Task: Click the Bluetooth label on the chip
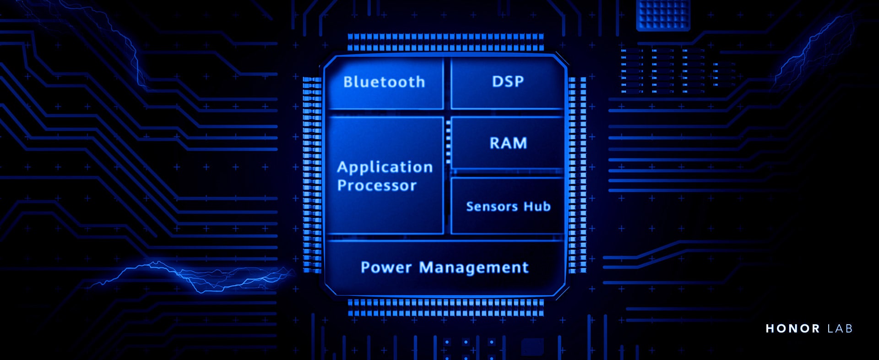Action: [x=384, y=82]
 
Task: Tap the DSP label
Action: [x=508, y=82]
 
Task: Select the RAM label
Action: [x=508, y=143]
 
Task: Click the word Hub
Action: [x=537, y=207]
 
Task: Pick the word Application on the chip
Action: [x=385, y=167]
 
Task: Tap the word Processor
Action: [x=377, y=185]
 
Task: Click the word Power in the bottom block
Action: [x=386, y=267]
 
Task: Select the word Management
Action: [x=474, y=267]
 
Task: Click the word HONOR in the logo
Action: [x=793, y=328]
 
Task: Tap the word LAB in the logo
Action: [x=840, y=328]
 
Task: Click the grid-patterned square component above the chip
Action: [x=663, y=15]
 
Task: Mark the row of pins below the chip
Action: [x=445, y=308]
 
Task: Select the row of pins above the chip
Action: [x=445, y=42]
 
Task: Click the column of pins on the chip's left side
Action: [x=312, y=174]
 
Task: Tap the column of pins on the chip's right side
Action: [x=577, y=174]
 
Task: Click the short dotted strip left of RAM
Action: [x=448, y=142]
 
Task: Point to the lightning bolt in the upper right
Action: [x=815, y=50]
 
